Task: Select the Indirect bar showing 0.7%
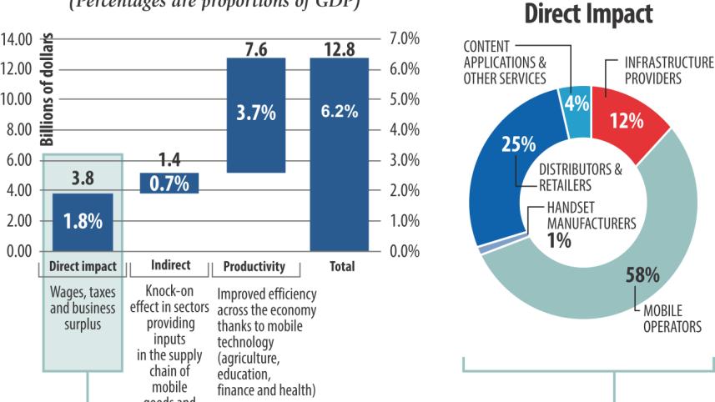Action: point(169,183)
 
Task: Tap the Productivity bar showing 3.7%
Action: point(255,115)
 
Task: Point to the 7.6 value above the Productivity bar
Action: point(255,50)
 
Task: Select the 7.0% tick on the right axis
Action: point(404,38)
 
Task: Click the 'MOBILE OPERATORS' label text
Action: point(672,319)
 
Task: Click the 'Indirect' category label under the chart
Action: point(170,267)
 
